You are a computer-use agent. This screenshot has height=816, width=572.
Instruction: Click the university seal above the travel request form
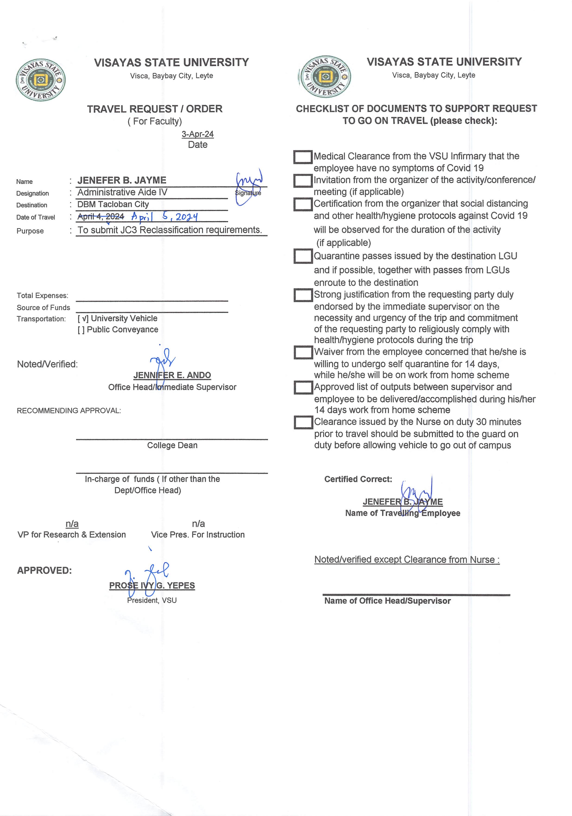(41, 80)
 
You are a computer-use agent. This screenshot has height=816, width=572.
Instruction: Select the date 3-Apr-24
(198, 134)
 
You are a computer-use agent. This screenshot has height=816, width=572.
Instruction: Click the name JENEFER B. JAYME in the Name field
(122, 180)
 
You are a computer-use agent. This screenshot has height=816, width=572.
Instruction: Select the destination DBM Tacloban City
(113, 204)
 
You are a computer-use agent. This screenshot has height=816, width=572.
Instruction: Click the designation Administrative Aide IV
(122, 192)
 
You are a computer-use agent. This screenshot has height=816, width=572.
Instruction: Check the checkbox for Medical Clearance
(303, 157)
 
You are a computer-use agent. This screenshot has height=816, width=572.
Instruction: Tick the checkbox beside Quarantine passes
(303, 256)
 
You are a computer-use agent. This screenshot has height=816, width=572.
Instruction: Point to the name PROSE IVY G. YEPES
(152, 585)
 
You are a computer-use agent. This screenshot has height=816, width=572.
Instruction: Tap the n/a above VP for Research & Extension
(72, 524)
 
